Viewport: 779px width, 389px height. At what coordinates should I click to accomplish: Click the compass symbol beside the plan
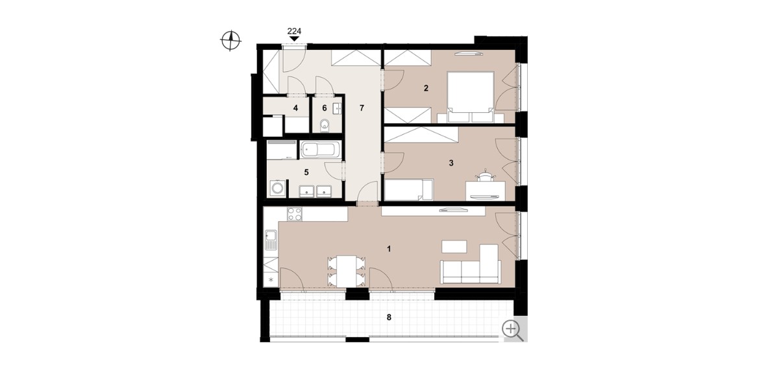coord(231,41)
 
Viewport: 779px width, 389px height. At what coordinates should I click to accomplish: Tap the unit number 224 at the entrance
coord(294,31)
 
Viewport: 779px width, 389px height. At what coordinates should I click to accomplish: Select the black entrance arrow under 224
coord(295,39)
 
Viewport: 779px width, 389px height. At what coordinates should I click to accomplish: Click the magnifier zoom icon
coord(513,330)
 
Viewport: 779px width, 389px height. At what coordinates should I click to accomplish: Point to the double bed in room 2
coord(471,97)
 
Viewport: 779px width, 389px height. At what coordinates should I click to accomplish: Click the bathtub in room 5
coord(320,150)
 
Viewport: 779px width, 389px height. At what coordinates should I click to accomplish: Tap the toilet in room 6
coord(325,126)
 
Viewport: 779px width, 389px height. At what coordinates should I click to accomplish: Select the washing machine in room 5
coord(278,189)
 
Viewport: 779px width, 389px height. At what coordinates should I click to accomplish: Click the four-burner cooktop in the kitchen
coord(295,214)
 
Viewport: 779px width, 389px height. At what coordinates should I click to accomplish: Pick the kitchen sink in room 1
coord(271,240)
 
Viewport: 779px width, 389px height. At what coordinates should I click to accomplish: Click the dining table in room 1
coord(347,271)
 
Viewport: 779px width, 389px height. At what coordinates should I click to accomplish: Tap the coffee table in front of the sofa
coord(454,246)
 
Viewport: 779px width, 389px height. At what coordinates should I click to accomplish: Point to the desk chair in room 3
coord(486,176)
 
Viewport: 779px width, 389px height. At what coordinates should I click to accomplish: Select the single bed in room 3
coord(409,190)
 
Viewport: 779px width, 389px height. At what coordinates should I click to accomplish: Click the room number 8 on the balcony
coord(389,318)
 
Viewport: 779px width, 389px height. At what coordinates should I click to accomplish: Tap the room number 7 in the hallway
coord(362,108)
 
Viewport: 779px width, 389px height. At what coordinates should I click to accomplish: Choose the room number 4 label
coord(295,108)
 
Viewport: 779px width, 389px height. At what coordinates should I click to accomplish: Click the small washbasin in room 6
coord(338,108)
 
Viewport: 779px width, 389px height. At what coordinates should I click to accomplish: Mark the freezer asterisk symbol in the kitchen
coord(271,279)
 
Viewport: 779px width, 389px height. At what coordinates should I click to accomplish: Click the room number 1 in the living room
coord(389,249)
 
